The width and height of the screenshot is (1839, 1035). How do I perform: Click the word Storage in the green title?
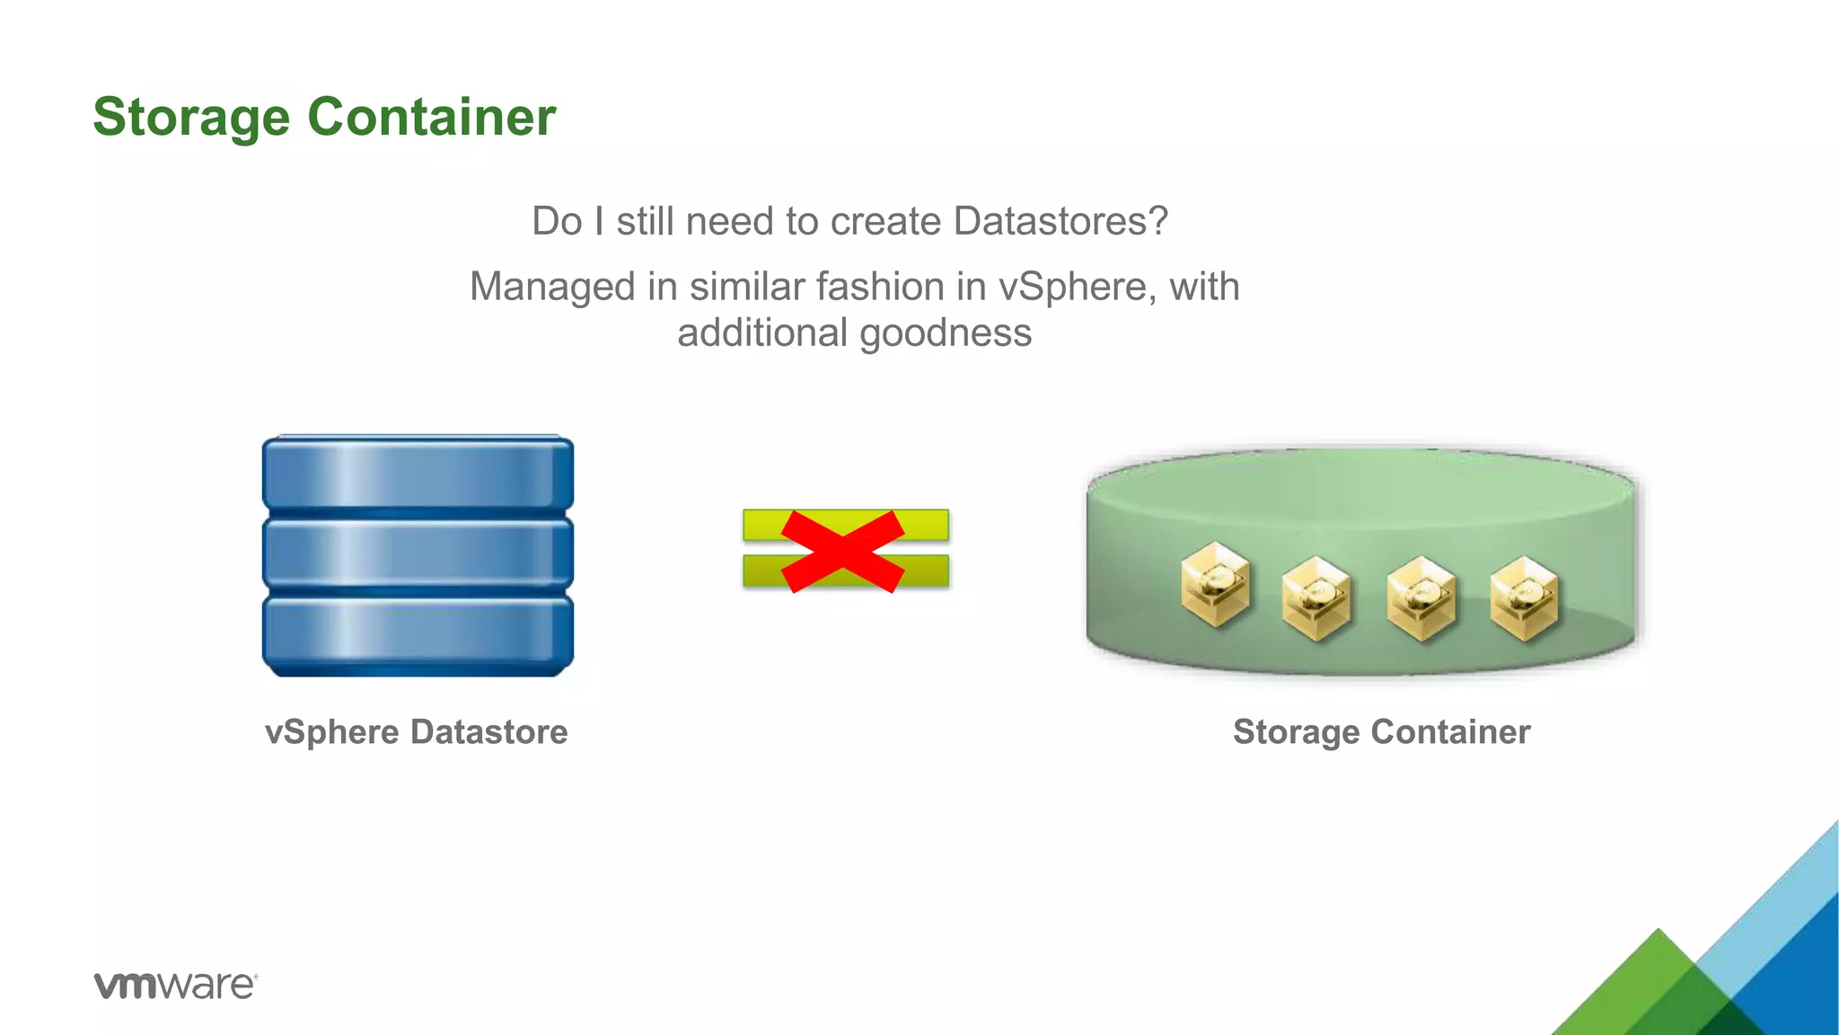tap(191, 118)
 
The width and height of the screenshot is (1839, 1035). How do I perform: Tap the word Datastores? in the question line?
tap(1060, 221)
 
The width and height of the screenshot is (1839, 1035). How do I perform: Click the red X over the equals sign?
tap(843, 551)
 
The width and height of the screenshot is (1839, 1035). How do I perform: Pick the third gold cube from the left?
tap(1421, 598)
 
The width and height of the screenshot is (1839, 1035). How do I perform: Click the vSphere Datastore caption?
tap(416, 732)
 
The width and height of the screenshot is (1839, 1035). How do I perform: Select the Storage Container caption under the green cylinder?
tap(1381, 732)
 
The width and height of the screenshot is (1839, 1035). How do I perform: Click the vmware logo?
tap(175, 985)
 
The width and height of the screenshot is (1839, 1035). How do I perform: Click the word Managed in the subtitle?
tap(551, 287)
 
